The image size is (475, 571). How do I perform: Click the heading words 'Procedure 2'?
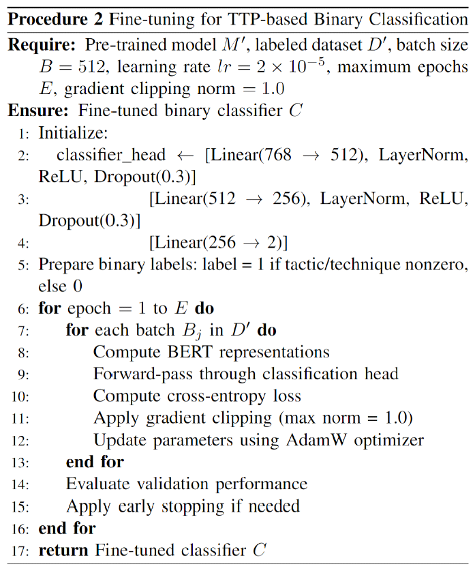pos(50,18)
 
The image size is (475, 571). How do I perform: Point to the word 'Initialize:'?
pos(68,133)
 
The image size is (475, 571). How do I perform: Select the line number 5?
pos(25,265)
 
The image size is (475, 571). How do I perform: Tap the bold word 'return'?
pos(65,549)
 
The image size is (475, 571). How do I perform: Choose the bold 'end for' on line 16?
pos(67,527)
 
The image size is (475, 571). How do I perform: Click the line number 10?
pos(20,396)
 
